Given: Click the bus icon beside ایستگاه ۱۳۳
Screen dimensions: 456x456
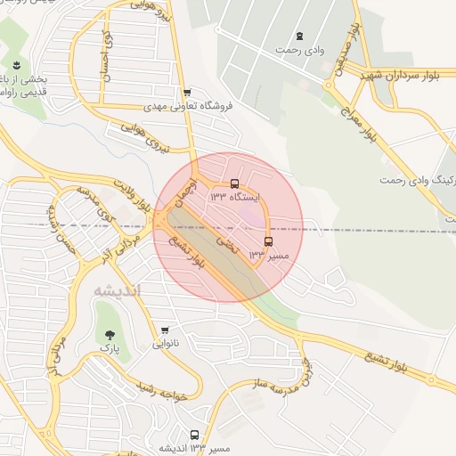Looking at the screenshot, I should [234, 185].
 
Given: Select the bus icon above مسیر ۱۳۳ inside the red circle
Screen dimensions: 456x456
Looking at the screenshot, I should [268, 240].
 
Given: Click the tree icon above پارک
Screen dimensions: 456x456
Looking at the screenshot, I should [110, 335].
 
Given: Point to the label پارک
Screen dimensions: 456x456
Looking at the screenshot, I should [109, 350].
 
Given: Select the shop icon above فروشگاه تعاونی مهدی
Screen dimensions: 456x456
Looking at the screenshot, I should [186, 93].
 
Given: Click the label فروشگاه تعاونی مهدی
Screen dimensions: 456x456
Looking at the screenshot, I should [193, 105].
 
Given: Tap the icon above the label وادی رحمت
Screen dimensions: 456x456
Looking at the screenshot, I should [299, 37].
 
